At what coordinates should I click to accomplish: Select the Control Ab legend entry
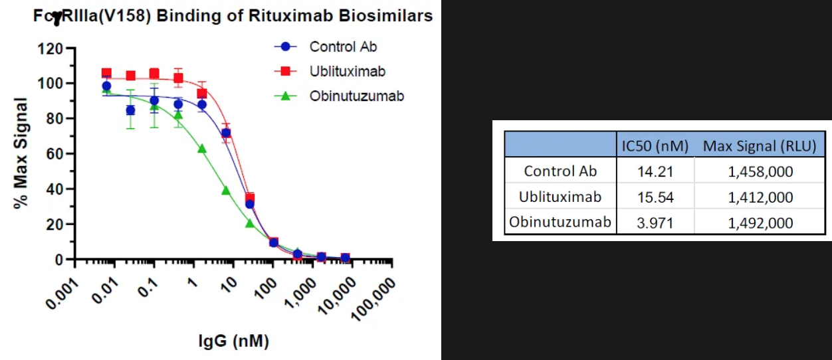(x=343, y=47)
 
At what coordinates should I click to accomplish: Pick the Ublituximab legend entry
(x=347, y=71)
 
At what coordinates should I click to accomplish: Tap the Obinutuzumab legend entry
(x=356, y=96)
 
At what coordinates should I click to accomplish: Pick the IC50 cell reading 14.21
(x=655, y=171)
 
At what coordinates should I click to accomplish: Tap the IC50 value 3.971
(x=655, y=223)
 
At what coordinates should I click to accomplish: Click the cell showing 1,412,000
(x=760, y=197)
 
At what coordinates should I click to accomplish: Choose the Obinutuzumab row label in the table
(x=560, y=223)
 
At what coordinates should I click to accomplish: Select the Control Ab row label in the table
(x=560, y=171)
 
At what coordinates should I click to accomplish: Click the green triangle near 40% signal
(x=226, y=191)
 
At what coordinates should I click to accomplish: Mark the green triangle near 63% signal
(x=202, y=149)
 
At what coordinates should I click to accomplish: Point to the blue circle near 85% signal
(x=130, y=110)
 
